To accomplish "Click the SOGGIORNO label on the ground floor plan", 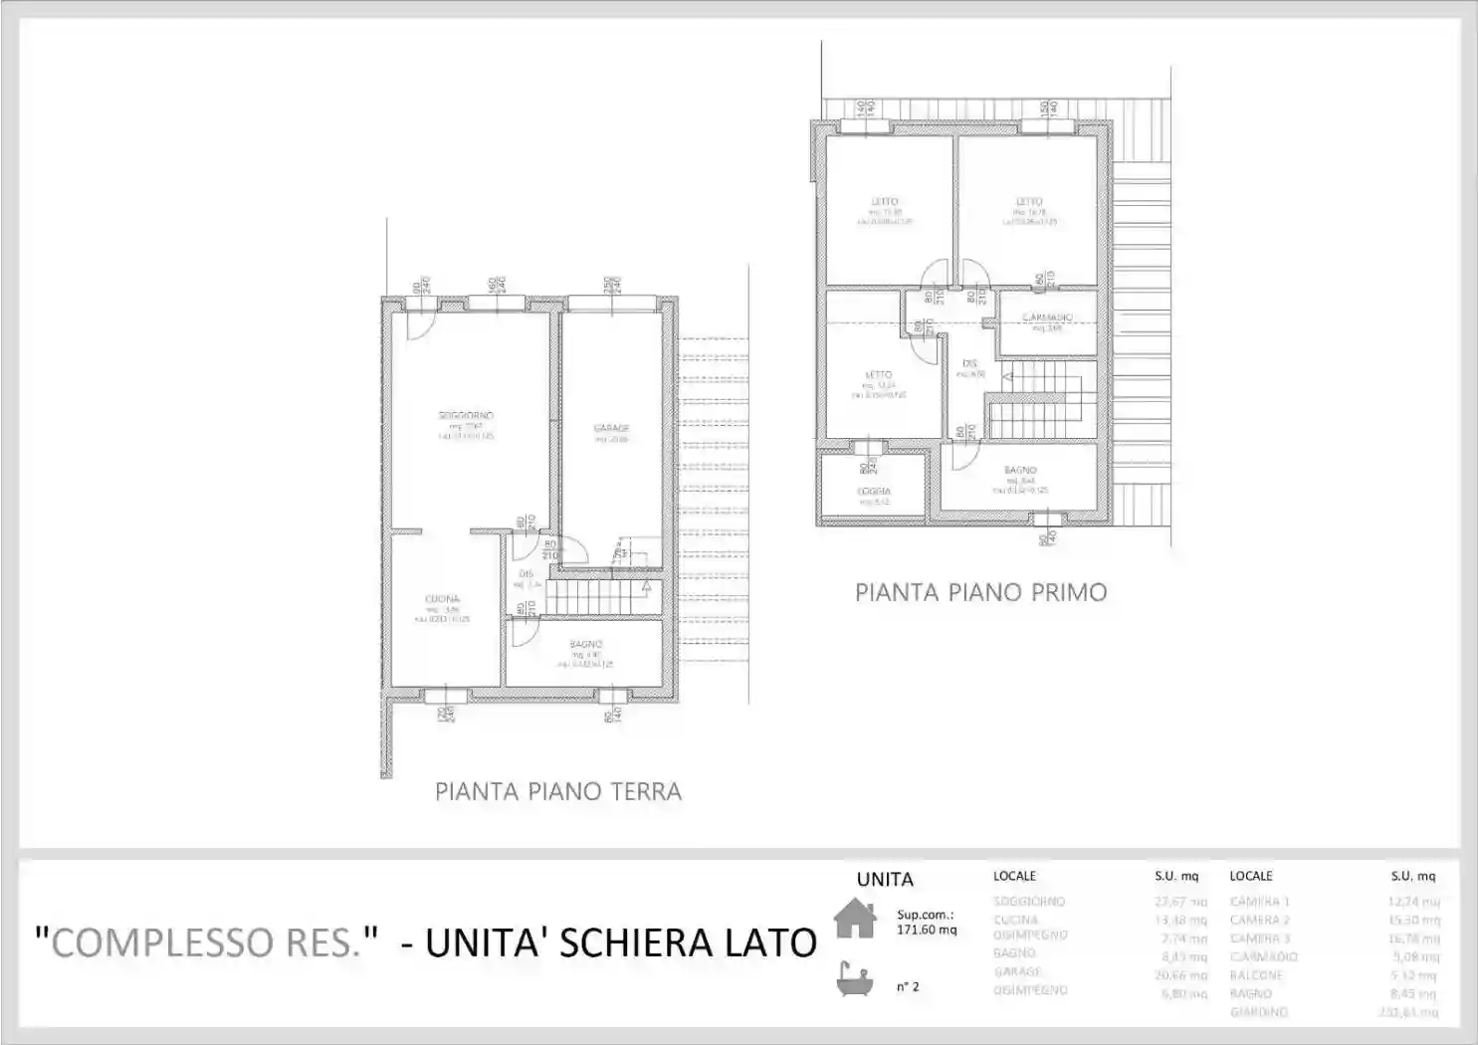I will (x=466, y=415).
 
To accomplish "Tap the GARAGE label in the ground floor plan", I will (x=611, y=428).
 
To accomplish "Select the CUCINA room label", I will (x=442, y=599).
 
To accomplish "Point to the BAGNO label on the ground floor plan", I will (x=585, y=644).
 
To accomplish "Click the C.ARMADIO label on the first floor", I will (x=1047, y=317).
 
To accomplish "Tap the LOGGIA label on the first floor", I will (x=874, y=492).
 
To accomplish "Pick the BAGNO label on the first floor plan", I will (x=1020, y=470).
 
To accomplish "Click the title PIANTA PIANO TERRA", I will (x=558, y=792).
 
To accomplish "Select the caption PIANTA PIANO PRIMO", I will (x=980, y=593).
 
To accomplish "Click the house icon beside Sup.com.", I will (x=854, y=918).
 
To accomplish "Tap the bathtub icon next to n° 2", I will (x=854, y=980).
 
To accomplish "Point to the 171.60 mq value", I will (x=926, y=930).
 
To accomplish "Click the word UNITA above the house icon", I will (x=884, y=880).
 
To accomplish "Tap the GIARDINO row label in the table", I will (x=1259, y=1012).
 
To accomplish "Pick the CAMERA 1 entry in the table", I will (x=1259, y=902).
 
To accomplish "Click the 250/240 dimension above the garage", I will (x=612, y=285).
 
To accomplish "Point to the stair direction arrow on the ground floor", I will (x=646, y=587).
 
